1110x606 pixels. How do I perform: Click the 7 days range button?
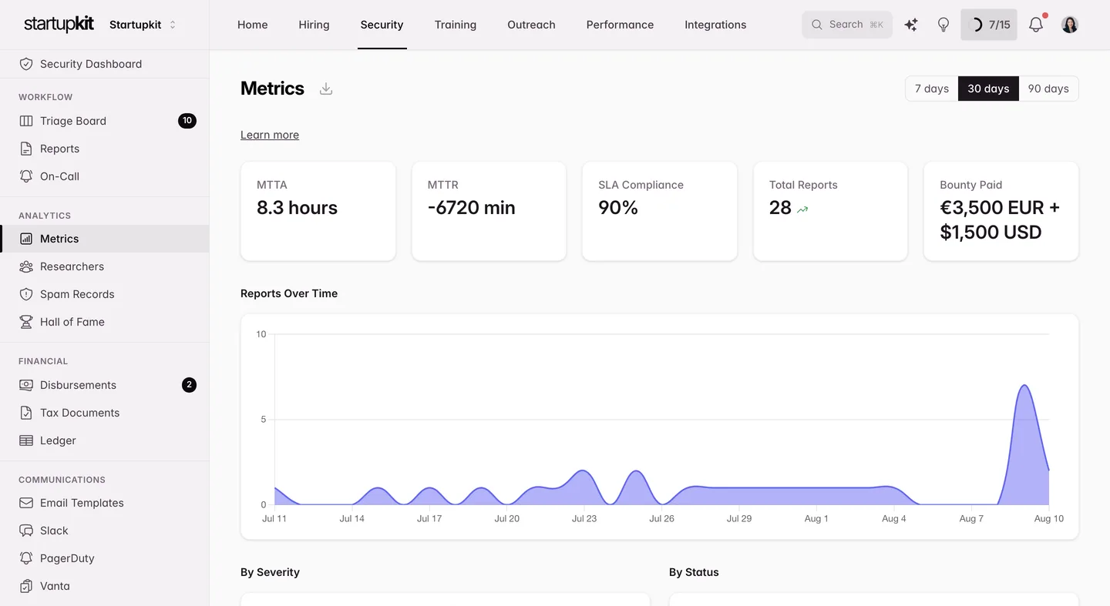(x=932, y=89)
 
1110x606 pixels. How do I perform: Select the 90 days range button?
(x=1048, y=89)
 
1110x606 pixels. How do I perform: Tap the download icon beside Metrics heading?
(x=325, y=89)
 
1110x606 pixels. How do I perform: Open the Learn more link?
(x=270, y=135)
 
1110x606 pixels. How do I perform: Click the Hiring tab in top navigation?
(x=314, y=25)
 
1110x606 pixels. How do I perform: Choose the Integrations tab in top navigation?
(x=715, y=25)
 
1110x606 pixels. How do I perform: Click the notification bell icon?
(x=1036, y=25)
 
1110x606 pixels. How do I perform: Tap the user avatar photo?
(x=1070, y=25)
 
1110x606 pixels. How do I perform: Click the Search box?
(x=847, y=25)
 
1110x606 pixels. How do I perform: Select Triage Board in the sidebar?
(x=72, y=121)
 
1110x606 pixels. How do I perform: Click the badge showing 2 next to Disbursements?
(x=189, y=385)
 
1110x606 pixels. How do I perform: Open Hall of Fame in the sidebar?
(x=72, y=322)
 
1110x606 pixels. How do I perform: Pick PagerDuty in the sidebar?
(x=67, y=558)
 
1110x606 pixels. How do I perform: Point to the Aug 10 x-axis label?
(x=1048, y=518)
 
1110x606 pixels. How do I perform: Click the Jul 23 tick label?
(x=584, y=518)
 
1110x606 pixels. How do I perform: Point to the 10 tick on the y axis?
(x=261, y=334)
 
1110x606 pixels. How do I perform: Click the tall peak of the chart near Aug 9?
(x=1024, y=386)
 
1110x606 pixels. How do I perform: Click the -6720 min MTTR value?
(x=471, y=207)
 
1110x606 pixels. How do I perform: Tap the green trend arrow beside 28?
(x=802, y=209)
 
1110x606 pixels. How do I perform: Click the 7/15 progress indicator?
(x=988, y=25)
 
